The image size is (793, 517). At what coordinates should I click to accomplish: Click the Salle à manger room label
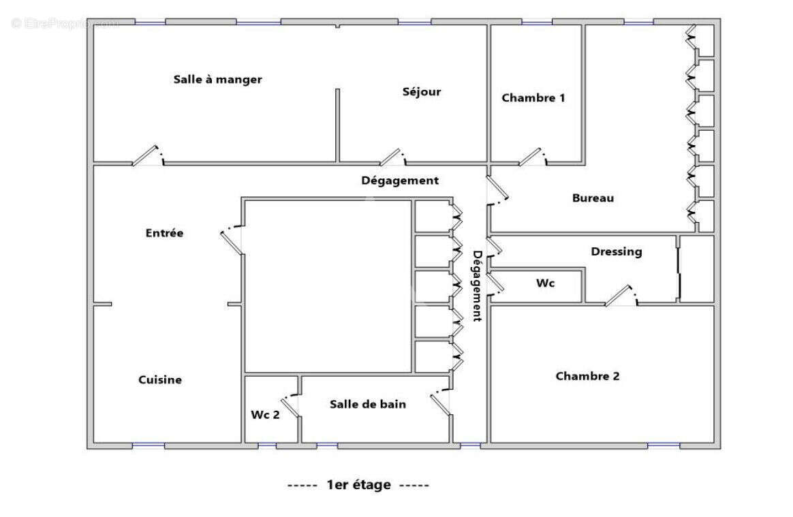tap(217, 80)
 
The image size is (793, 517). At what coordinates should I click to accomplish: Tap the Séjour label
tap(421, 92)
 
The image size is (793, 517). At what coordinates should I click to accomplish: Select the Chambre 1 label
tap(533, 98)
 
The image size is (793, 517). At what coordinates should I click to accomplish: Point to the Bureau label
tap(593, 198)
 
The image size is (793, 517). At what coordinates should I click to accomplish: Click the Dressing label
tap(616, 252)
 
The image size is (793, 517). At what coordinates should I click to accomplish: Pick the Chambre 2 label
tap(587, 376)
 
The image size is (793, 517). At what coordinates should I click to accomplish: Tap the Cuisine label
tap(160, 380)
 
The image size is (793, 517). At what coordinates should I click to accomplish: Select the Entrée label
tap(164, 233)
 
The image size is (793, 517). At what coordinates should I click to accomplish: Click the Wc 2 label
tap(265, 414)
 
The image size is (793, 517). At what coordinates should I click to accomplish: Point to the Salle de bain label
tap(368, 404)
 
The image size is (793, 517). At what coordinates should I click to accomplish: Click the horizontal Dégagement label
tap(399, 181)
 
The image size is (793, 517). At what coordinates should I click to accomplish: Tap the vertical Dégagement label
tap(478, 285)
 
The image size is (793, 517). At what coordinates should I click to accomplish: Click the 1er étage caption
tap(358, 485)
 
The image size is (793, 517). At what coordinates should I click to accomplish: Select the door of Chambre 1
tap(531, 157)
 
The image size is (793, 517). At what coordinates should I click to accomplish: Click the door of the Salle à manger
tap(146, 157)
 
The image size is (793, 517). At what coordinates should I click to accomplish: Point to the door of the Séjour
tap(392, 157)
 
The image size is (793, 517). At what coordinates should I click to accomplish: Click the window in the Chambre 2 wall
tap(663, 445)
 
